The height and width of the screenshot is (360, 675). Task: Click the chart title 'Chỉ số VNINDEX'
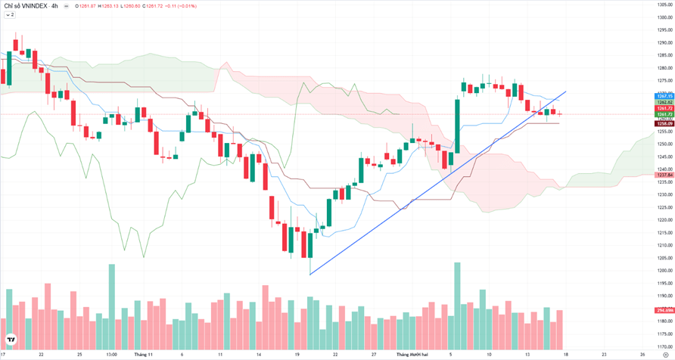click(x=26, y=6)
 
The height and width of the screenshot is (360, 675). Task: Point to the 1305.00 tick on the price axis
click(x=665, y=5)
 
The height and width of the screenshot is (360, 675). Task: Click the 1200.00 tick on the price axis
click(x=665, y=270)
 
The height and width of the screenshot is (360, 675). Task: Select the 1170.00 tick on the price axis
click(x=665, y=346)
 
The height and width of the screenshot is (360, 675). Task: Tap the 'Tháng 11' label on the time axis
click(x=144, y=353)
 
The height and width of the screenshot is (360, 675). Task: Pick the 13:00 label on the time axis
click(x=111, y=353)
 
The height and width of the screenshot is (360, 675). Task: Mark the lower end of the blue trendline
click(x=310, y=275)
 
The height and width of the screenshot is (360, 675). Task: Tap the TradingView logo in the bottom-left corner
click(x=11, y=340)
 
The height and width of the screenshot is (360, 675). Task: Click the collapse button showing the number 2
click(x=10, y=14)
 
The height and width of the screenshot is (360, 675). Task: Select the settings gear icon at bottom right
click(x=665, y=353)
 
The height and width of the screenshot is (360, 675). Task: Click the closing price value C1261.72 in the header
click(x=153, y=6)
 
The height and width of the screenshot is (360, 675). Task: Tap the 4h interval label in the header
click(x=54, y=6)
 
